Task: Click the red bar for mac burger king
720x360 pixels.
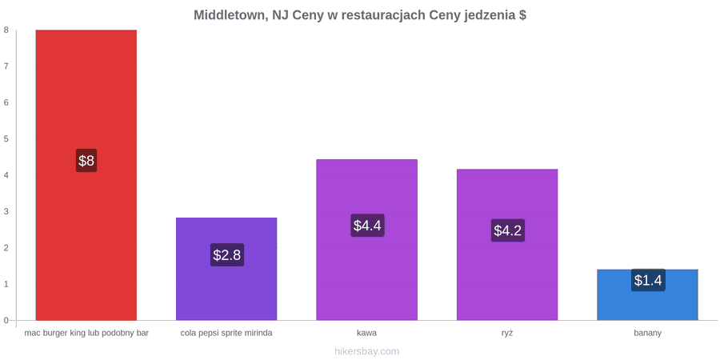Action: (86, 175)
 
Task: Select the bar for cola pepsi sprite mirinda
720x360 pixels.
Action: (226, 269)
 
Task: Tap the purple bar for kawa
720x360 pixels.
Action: (367, 240)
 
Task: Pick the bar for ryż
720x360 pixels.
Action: (507, 244)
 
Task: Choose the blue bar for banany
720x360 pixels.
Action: (648, 294)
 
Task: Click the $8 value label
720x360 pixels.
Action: (86, 161)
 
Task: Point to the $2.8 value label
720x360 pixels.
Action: (227, 254)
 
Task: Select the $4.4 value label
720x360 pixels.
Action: (367, 226)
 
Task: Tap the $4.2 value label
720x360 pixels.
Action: (508, 230)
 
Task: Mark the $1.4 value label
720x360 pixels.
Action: (648, 280)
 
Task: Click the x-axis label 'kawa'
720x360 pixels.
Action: (367, 334)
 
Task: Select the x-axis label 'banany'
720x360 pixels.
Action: (648, 334)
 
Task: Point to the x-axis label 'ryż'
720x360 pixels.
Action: (507, 334)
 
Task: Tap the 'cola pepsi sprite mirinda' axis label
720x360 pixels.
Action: (226, 334)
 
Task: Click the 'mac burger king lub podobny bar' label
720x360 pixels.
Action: (86, 334)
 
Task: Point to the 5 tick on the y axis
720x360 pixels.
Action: (6, 138)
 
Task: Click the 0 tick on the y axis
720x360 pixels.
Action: (6, 320)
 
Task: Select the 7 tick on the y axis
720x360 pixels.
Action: (6, 66)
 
